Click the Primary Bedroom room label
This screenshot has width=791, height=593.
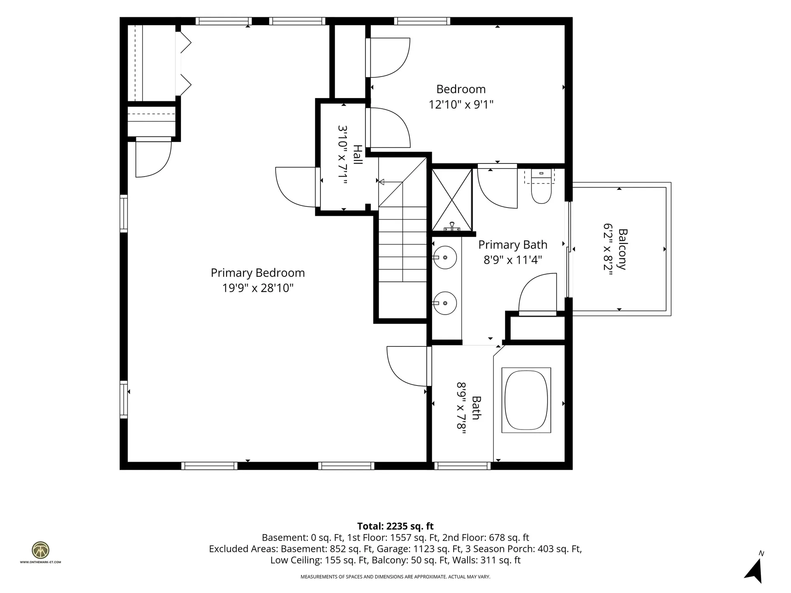point(258,273)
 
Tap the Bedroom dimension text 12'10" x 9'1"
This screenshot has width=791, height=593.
point(461,105)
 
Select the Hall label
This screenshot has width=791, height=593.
point(357,155)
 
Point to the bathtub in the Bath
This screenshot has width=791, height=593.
point(526,400)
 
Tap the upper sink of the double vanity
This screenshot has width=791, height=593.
point(445,257)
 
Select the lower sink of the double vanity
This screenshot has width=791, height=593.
point(445,303)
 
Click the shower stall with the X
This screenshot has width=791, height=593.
point(452,200)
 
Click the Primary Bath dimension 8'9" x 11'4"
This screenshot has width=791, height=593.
point(513,260)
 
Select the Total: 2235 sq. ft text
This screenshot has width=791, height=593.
point(395,526)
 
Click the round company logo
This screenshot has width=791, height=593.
point(40,550)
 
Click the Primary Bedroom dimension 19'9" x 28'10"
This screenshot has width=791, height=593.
point(258,288)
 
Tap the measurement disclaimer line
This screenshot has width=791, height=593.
point(395,577)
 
